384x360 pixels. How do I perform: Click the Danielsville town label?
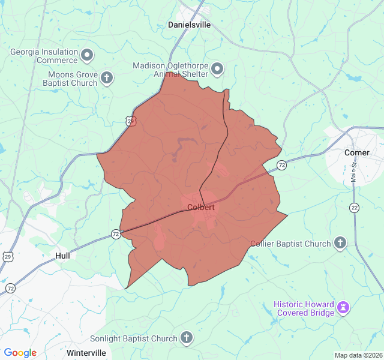coord(189,25)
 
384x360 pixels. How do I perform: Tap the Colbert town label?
coord(200,208)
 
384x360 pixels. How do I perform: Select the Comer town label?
coord(356,152)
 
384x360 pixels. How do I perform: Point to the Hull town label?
coord(62,256)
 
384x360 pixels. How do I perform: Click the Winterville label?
coord(86,352)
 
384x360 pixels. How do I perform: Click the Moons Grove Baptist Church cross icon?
coord(107,78)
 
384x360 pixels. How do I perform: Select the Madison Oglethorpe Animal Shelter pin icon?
coord(217,69)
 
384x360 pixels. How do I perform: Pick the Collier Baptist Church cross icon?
coord(340,243)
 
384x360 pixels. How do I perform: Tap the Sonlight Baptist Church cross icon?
coord(187,338)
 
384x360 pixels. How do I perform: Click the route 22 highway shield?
coord(354,208)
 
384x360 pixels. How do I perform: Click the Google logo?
coord(20,353)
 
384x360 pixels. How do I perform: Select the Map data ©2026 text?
coord(358,355)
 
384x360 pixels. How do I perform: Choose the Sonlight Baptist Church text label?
coord(134,338)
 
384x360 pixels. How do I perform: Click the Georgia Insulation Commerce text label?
coord(44,56)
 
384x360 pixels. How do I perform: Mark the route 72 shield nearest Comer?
coord(281,164)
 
